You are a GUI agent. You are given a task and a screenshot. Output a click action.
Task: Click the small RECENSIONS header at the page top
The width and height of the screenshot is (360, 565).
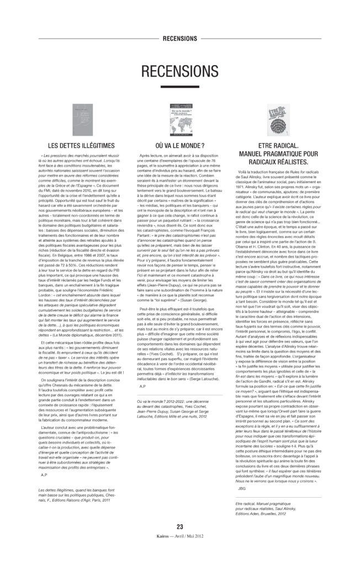pyautogui.click(x=180, y=39)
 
